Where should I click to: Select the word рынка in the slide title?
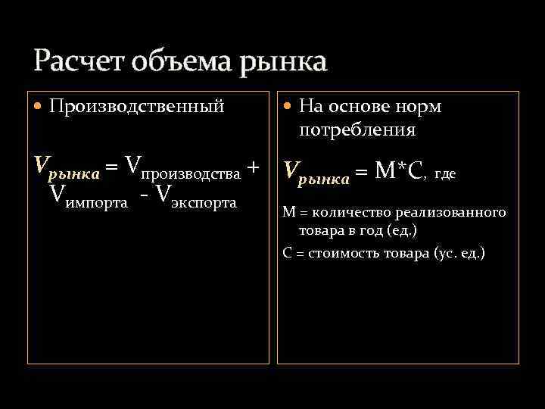coord(283,61)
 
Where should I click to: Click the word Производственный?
coord(137,106)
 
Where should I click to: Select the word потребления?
coord(357,130)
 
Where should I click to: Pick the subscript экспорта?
coord(204,203)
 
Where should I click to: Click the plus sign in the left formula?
coord(254,166)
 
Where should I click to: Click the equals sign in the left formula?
coord(111,166)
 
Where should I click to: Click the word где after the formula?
coord(445,173)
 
